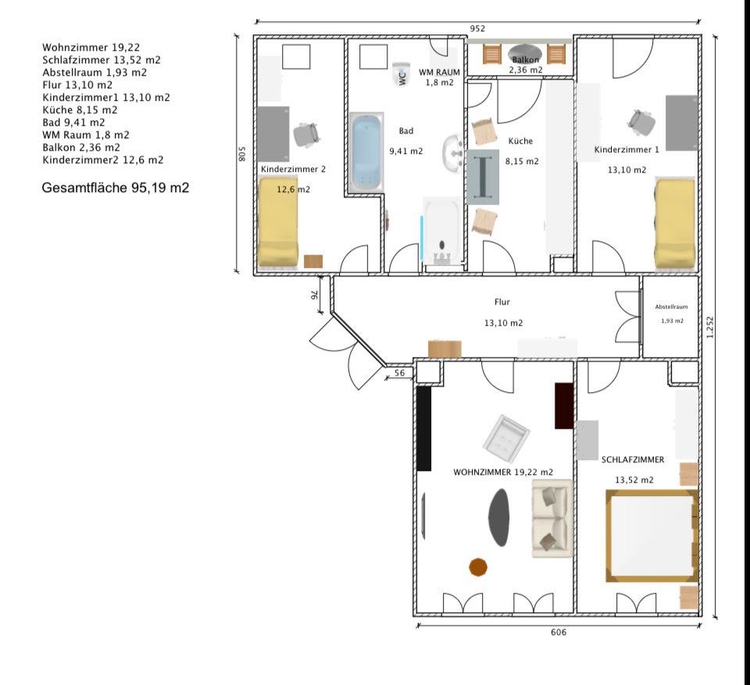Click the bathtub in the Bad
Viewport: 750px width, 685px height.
coord(367,152)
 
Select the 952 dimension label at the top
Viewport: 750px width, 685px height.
coord(477,28)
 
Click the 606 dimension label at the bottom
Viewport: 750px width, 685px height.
coord(558,632)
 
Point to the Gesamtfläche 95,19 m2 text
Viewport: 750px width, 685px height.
coord(116,187)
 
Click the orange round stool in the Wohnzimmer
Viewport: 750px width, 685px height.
coord(478,567)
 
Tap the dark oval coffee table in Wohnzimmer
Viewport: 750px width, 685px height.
coord(498,517)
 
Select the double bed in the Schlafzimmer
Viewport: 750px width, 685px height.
coord(652,536)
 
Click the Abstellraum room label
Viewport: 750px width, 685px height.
coord(671,307)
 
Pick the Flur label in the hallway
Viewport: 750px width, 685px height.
coord(502,301)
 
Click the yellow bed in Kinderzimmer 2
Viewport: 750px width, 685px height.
coord(278,222)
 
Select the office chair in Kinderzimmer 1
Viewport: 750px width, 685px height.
coord(641,123)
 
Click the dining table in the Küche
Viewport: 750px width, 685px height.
coord(483,177)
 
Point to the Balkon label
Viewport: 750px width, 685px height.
coord(525,60)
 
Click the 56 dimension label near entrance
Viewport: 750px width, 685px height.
coord(399,373)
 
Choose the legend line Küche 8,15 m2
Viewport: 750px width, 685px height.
coord(80,110)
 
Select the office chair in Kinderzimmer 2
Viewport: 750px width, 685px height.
coord(305,134)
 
